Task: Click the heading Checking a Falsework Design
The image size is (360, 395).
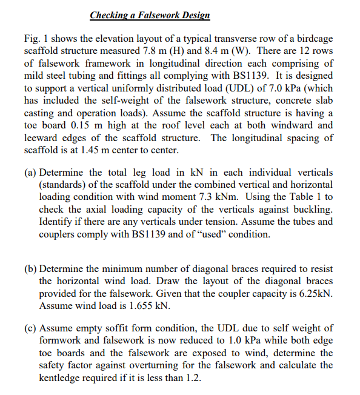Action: [150, 15]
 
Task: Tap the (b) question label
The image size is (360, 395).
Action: [30, 268]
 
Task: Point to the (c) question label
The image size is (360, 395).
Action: [30, 328]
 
